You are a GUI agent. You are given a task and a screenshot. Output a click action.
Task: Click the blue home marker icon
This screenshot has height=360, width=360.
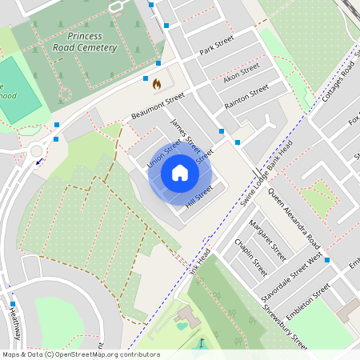coord(180,172)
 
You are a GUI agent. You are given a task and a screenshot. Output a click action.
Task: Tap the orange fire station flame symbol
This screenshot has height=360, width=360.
coord(157,83)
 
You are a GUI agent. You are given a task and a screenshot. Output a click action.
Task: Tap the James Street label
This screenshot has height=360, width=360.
coord(186,135)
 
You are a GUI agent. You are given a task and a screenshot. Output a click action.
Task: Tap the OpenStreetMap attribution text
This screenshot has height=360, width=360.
coord(70,354)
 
